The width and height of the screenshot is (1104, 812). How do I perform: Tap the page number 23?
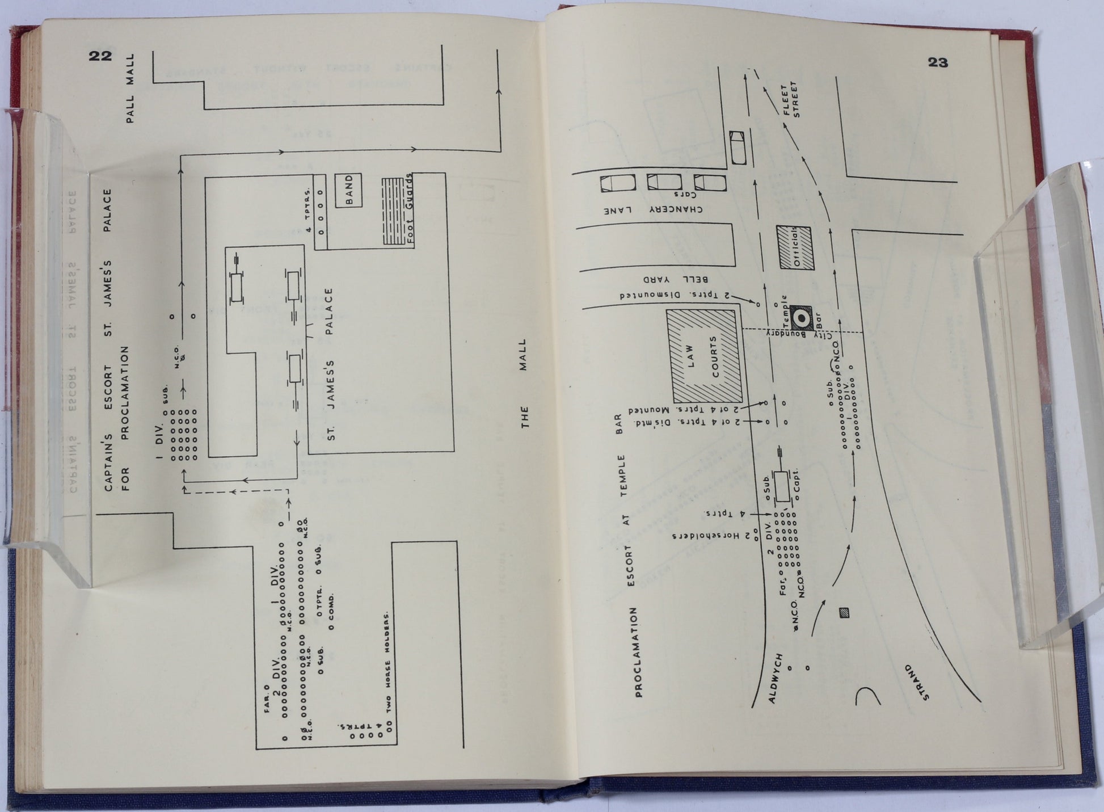coord(938,62)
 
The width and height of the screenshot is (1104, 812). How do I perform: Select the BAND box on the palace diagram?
coord(348,190)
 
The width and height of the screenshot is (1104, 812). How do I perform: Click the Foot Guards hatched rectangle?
coord(397,211)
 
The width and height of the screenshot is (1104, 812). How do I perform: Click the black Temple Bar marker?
coord(800,318)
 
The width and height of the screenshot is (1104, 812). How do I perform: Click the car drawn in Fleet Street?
coord(738,148)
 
